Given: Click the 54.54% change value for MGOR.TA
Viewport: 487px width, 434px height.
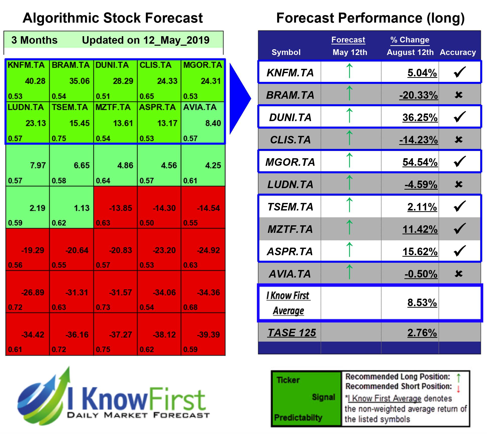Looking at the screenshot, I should point(420,162).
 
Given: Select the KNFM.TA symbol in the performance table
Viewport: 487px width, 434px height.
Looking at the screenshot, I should point(290,73).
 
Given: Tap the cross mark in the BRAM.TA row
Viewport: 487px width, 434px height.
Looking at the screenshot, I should point(458,95).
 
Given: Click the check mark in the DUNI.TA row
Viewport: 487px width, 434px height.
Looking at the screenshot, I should point(460,117).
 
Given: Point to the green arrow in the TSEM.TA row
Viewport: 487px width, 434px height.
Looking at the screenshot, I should point(349,205).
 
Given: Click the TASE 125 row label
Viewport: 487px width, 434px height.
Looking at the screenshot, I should point(291,333).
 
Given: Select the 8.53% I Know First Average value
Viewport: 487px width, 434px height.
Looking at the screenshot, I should point(422,303).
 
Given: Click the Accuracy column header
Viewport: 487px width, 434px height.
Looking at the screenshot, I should point(458,52).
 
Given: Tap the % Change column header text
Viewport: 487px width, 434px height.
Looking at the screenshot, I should point(410,40).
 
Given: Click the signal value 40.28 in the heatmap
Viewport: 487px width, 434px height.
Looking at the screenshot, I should point(35,81).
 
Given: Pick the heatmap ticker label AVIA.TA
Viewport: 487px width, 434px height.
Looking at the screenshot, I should point(200,107).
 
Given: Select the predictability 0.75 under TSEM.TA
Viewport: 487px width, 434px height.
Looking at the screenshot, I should point(59,138).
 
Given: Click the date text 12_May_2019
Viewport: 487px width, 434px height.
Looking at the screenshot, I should point(176,40).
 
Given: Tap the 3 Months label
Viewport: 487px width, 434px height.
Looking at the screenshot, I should point(34,40).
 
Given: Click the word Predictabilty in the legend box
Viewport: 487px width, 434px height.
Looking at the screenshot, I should point(298,418).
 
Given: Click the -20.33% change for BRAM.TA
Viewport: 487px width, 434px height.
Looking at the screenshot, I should point(418,95).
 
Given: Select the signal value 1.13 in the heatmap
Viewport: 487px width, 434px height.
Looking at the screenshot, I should point(82,208).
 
